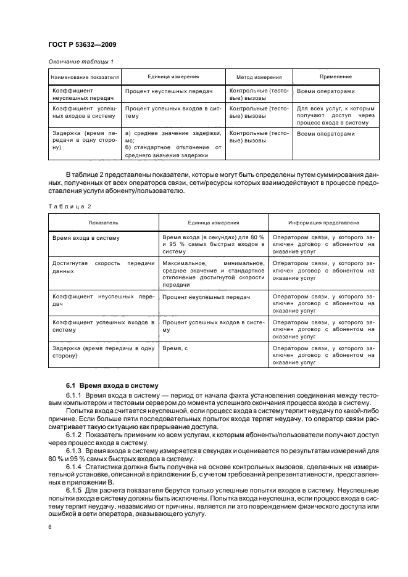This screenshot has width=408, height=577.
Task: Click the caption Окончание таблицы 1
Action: point(80,61)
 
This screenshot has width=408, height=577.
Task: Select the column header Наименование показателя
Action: point(84,77)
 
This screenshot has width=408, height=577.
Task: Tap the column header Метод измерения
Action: point(259,77)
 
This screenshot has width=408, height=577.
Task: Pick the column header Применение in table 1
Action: point(335,77)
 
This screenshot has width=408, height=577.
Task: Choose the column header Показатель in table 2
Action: point(102,222)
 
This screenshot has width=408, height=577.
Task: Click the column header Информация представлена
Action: point(324,222)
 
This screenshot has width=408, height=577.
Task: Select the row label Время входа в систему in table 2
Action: point(86,237)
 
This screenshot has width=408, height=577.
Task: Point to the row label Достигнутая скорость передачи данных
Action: point(102,267)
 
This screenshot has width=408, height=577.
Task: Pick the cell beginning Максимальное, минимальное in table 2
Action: point(213,271)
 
